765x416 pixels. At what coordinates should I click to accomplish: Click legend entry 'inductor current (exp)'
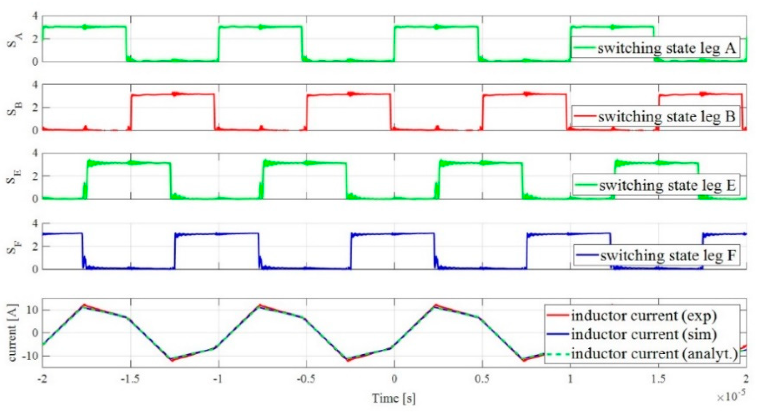click(644, 316)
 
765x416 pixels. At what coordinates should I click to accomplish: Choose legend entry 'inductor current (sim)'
click(644, 335)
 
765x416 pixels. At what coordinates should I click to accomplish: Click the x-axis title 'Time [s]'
click(394, 398)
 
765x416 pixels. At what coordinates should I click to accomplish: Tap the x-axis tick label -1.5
click(130, 379)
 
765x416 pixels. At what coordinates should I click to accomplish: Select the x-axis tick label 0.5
click(482, 379)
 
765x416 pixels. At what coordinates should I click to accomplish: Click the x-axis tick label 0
click(394, 379)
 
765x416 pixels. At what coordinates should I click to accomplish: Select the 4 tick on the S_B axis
click(35, 85)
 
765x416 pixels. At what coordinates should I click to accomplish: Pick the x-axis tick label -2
click(42, 379)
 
